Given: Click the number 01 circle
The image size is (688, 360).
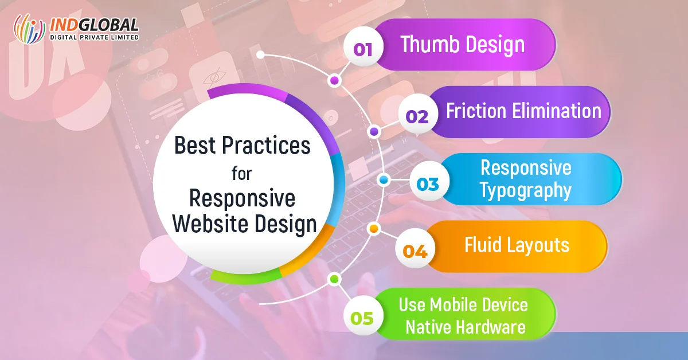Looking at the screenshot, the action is coord(363,46).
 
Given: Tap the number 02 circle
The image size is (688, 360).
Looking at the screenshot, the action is coord(418,114).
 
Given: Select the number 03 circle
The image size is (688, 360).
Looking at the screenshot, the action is coord(429,181).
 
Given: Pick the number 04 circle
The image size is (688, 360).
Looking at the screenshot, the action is coord(415,248).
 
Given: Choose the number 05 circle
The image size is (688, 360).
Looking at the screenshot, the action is coord(363,315).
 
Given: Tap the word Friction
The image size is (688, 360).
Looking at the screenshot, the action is coord(476,111).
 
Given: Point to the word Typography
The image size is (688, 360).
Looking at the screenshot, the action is coord(526,190).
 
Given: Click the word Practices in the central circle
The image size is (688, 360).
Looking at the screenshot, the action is coord(266,145).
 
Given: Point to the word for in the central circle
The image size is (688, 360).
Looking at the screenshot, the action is coord(242,174).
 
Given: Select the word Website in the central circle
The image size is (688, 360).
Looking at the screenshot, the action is coord(211,224).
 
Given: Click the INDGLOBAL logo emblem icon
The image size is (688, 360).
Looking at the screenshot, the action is coord(29,28).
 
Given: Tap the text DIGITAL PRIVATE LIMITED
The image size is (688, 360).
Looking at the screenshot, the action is coord(94,37).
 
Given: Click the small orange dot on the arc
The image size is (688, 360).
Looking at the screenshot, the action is coord(373,229).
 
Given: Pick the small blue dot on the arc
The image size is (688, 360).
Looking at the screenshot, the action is coord(384,180).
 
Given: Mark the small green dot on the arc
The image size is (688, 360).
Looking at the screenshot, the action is coord(334,279).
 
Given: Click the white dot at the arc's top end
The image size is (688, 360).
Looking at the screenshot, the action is coord(260,54).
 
